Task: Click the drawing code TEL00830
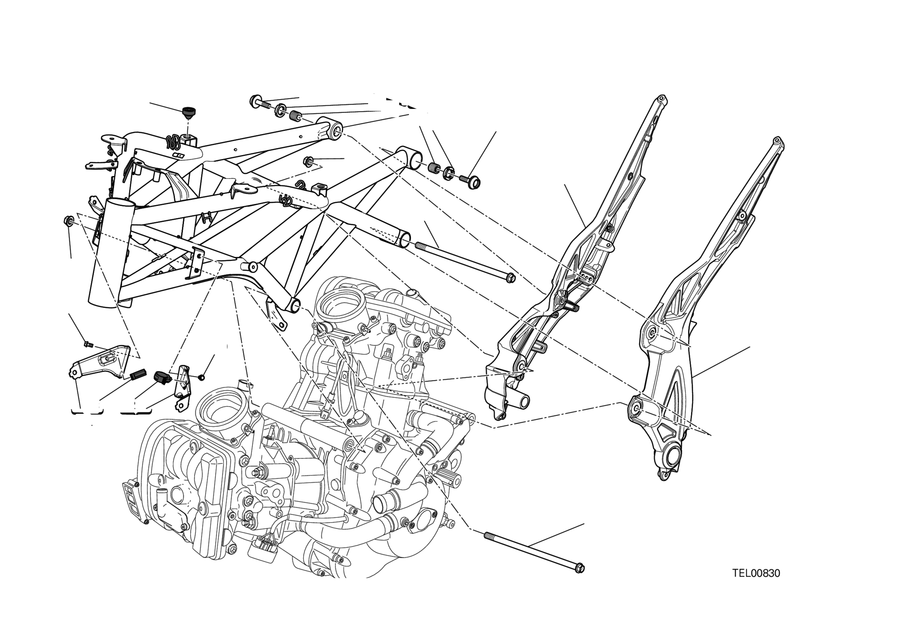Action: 756,573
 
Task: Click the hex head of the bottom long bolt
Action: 579,569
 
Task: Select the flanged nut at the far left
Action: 68,220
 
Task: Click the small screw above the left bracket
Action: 88,344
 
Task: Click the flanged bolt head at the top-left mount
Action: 255,101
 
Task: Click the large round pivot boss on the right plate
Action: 672,457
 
